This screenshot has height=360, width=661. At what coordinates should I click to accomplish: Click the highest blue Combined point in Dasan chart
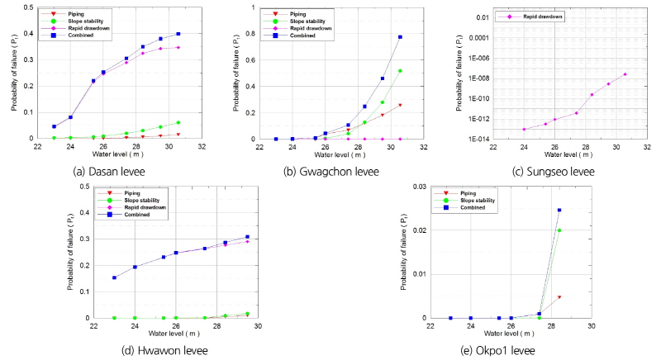pyautogui.click(x=178, y=34)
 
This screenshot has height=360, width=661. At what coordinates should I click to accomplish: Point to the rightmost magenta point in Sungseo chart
pyautogui.click(x=625, y=74)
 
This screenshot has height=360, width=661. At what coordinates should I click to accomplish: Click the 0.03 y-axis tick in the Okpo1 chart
pyautogui.click(x=421, y=187)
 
